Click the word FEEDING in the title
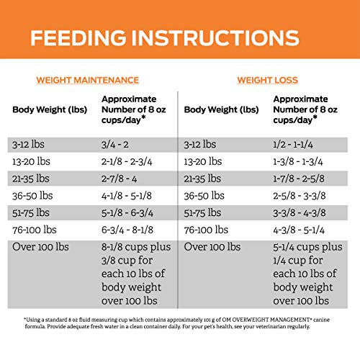coord(78,37)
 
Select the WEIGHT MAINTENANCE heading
coord(88,80)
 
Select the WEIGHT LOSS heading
coord(268,80)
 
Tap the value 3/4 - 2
coord(115,145)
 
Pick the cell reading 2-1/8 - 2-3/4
coord(127,162)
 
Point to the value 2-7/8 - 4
coord(119,179)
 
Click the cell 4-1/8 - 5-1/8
coord(127,196)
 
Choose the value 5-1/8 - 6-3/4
coord(127,213)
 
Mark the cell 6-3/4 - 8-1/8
coord(127,230)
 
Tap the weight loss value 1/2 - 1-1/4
coord(293,145)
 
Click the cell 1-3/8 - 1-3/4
coord(298,162)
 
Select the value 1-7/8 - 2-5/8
coord(299,179)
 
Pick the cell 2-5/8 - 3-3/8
coord(300,196)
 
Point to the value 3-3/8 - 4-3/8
coord(300,213)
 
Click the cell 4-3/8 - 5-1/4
coord(299,230)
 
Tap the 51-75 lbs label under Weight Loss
coord(202,212)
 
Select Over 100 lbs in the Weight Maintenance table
coord(40,247)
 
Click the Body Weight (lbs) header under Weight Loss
coord(221,109)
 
